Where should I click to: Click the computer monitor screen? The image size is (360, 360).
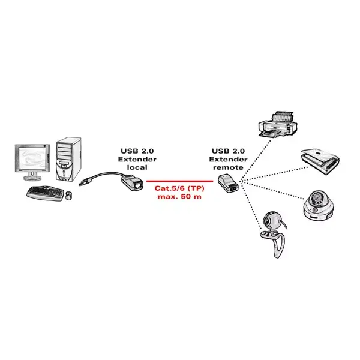tap(32, 158)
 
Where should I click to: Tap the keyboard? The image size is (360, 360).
tap(45, 193)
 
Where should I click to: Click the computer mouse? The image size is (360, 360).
tap(68, 196)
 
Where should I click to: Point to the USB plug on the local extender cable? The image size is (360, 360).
tap(85, 182)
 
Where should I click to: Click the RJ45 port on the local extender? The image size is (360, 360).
tap(138, 185)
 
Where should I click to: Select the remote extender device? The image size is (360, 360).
tap(229, 183)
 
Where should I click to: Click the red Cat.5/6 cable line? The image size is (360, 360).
tap(180, 181)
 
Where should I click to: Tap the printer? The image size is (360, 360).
tap(278, 125)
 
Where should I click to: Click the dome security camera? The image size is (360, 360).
tap(319, 205)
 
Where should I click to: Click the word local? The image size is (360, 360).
tap(137, 167)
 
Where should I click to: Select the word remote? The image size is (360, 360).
tap(228, 167)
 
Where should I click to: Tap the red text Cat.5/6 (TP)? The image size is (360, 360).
tap(179, 188)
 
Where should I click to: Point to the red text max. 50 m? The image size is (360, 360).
tap(179, 197)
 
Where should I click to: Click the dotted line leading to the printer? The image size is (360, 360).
tap(256, 160)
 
